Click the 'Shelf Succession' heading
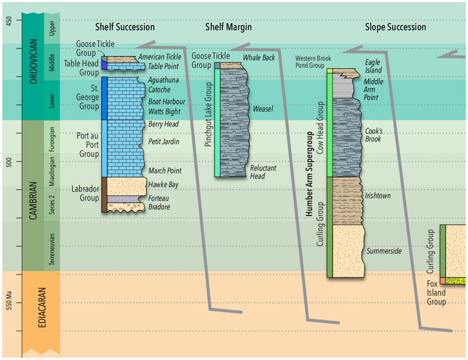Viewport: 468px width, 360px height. [x=125, y=27]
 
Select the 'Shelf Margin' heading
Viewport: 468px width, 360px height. [x=228, y=27]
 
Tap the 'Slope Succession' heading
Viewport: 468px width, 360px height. [x=395, y=27]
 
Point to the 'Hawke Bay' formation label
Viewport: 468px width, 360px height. [x=163, y=185]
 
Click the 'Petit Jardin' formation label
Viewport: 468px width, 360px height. [x=164, y=141]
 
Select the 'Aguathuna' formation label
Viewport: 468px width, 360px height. [x=164, y=79]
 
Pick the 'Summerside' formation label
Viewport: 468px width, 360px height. [x=384, y=251]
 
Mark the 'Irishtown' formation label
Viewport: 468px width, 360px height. [x=377, y=196]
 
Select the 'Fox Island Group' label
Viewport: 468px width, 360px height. [x=435, y=293]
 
